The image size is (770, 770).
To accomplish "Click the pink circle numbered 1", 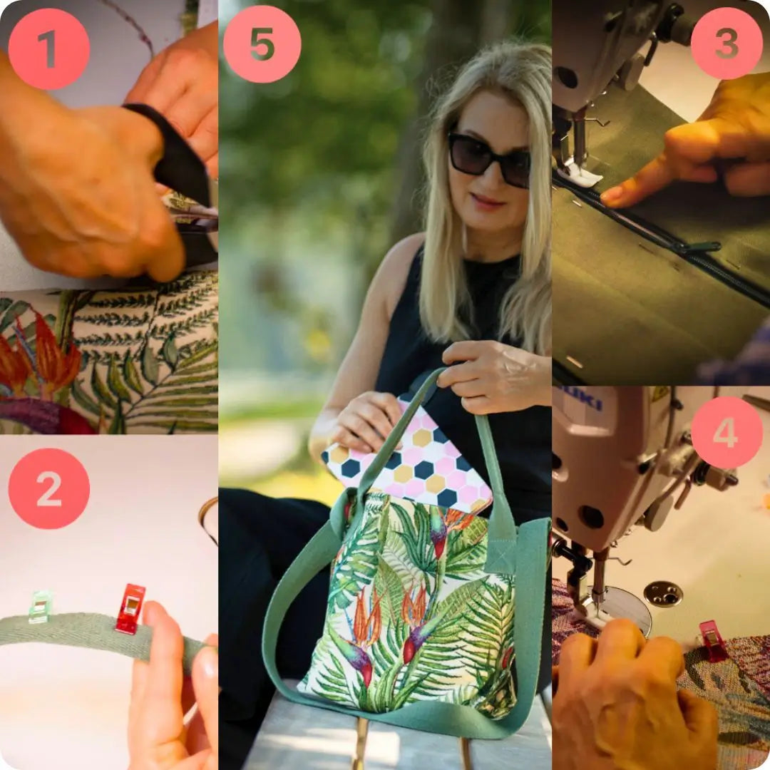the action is (49, 49).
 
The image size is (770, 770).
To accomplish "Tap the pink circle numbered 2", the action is (49, 488).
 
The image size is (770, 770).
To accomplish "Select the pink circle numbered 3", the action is (727, 43).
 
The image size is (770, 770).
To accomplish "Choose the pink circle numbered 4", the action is (727, 432).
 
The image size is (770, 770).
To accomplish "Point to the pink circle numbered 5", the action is (262, 44).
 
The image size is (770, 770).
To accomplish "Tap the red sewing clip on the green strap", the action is (130, 608).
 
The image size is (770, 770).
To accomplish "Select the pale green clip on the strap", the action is (40, 607).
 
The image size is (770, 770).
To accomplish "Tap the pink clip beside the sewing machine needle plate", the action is (712, 641).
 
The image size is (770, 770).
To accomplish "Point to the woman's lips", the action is (487, 201).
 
